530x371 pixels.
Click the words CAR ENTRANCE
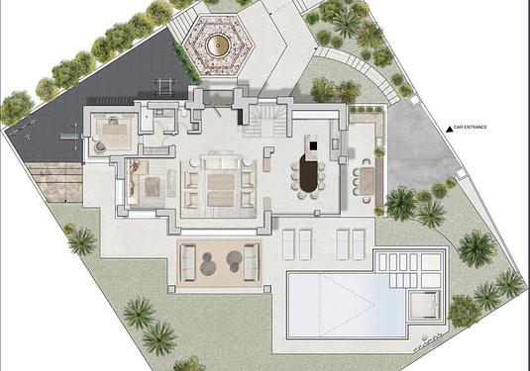click(x=471, y=128)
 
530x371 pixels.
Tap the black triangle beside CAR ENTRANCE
click(x=449, y=129)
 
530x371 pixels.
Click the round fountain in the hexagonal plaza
click(x=218, y=46)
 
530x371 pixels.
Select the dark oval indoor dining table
click(x=308, y=176)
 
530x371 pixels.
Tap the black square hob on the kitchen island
click(x=313, y=145)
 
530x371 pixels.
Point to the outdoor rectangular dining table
click(x=367, y=181)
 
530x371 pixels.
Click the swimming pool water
click(x=347, y=305)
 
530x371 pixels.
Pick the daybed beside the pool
click(x=424, y=306)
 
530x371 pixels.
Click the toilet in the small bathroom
click(x=184, y=114)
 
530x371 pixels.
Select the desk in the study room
click(x=114, y=129)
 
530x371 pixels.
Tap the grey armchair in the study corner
click(x=100, y=146)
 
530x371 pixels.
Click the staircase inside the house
click(x=265, y=121)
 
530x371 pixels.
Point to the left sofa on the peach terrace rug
click(x=188, y=263)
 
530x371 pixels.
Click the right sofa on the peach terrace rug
click(x=251, y=262)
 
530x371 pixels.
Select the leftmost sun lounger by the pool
click(x=288, y=244)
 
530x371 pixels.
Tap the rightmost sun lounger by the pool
click(x=359, y=244)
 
